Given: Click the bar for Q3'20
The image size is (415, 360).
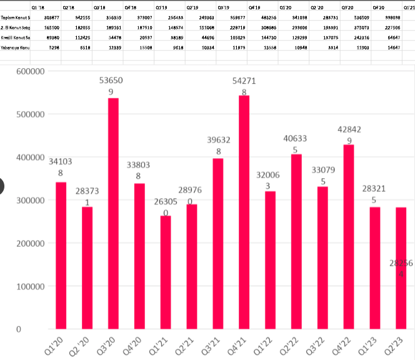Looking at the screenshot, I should coord(113,213).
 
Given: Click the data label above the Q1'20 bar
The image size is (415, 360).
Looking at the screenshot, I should coord(61,167).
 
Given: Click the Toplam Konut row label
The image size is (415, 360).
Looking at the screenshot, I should coord(15,17).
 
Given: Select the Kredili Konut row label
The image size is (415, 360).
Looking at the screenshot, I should coord(15,37).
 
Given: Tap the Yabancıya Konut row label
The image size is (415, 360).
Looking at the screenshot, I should coord(15,47).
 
